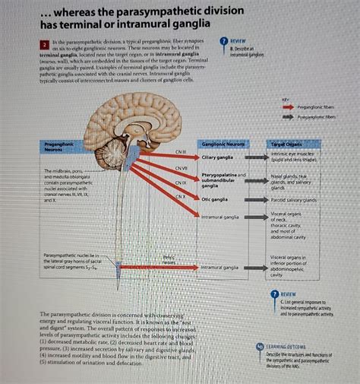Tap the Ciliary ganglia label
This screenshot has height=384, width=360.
click(x=217, y=157)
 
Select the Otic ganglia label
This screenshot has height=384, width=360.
click(x=214, y=199)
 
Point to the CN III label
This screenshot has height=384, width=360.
click(x=180, y=151)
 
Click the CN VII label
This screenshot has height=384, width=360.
click(x=182, y=168)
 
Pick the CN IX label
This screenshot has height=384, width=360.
click(x=180, y=183)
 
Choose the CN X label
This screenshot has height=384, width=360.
click(x=180, y=197)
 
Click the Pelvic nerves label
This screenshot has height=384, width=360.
click(x=169, y=260)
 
